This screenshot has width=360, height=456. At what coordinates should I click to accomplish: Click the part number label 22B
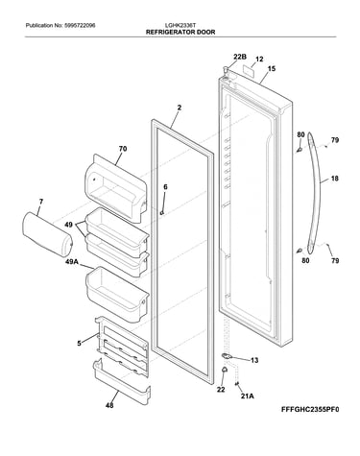tap(240, 57)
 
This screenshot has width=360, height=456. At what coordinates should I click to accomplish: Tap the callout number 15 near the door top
tap(272, 68)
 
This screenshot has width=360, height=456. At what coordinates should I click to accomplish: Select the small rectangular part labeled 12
tap(249, 70)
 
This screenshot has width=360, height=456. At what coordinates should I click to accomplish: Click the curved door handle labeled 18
tap(314, 192)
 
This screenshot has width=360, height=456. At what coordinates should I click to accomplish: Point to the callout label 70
tap(123, 149)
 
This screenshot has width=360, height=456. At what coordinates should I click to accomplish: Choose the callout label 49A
tap(72, 262)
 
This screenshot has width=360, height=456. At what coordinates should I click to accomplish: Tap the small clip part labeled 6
tap(162, 212)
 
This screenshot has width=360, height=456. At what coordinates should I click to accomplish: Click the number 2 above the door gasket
tap(180, 108)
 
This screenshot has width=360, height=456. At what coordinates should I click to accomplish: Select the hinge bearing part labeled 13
tap(226, 356)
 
